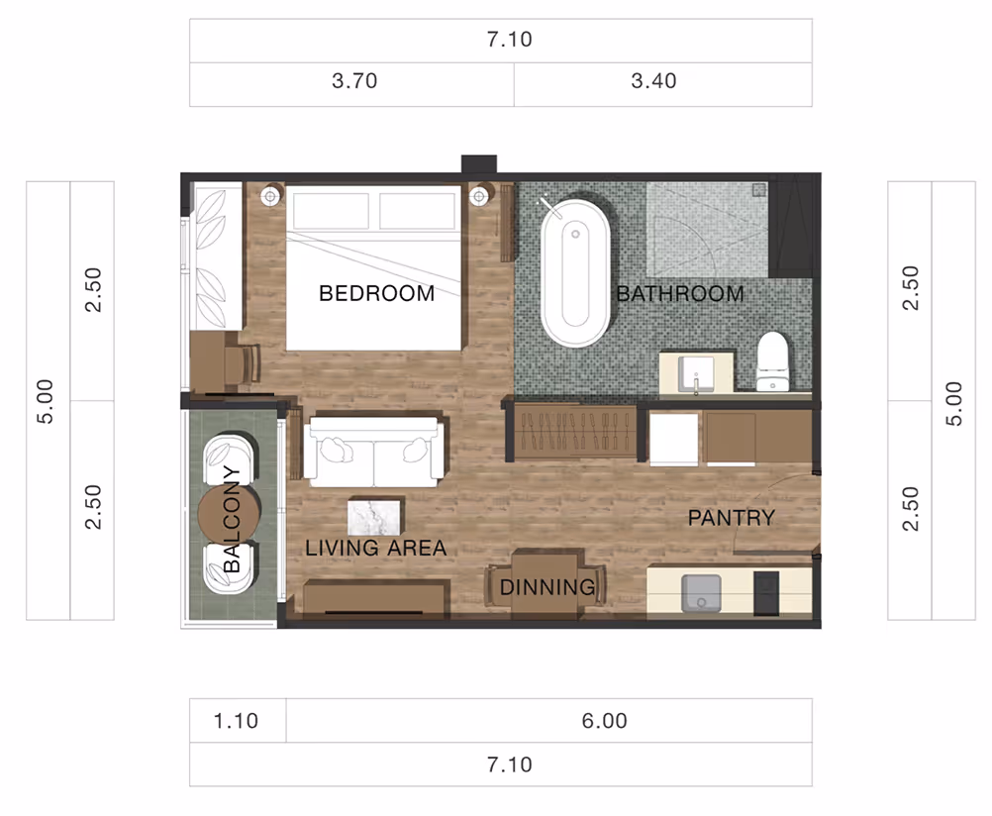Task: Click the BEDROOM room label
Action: [x=376, y=293]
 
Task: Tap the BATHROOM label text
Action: [x=680, y=294]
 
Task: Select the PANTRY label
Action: [x=732, y=518]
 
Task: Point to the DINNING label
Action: [x=547, y=587]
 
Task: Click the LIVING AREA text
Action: [x=376, y=548]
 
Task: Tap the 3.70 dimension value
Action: [x=354, y=81]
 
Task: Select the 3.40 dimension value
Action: [x=653, y=81]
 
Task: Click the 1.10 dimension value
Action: [x=236, y=720]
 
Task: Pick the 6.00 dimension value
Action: [x=604, y=720]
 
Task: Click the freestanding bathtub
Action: [x=575, y=273]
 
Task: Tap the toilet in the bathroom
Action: [x=772, y=361]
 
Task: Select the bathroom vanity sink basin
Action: [x=696, y=373]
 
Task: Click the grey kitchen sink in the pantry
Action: [x=701, y=593]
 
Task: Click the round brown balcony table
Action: [x=229, y=513]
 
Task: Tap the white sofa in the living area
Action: [x=374, y=452]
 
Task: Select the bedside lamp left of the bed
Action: [x=271, y=196]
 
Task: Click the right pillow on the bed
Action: [x=417, y=211]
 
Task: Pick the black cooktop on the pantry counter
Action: [x=766, y=593]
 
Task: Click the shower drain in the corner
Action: [x=759, y=190]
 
